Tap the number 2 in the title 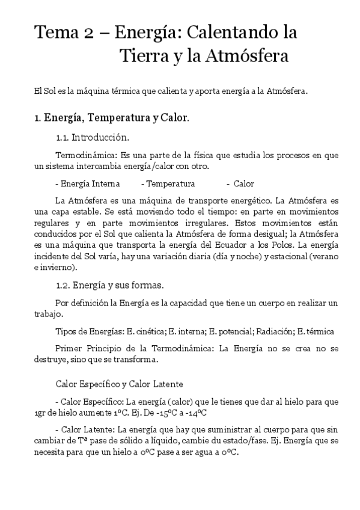tap(88, 32)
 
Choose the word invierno tap(58, 266)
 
